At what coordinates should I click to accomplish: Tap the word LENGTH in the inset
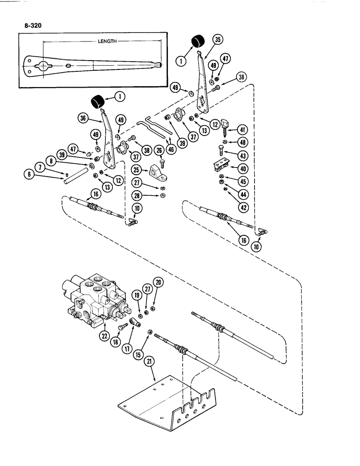(108, 41)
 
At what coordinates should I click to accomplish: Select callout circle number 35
(218, 40)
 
